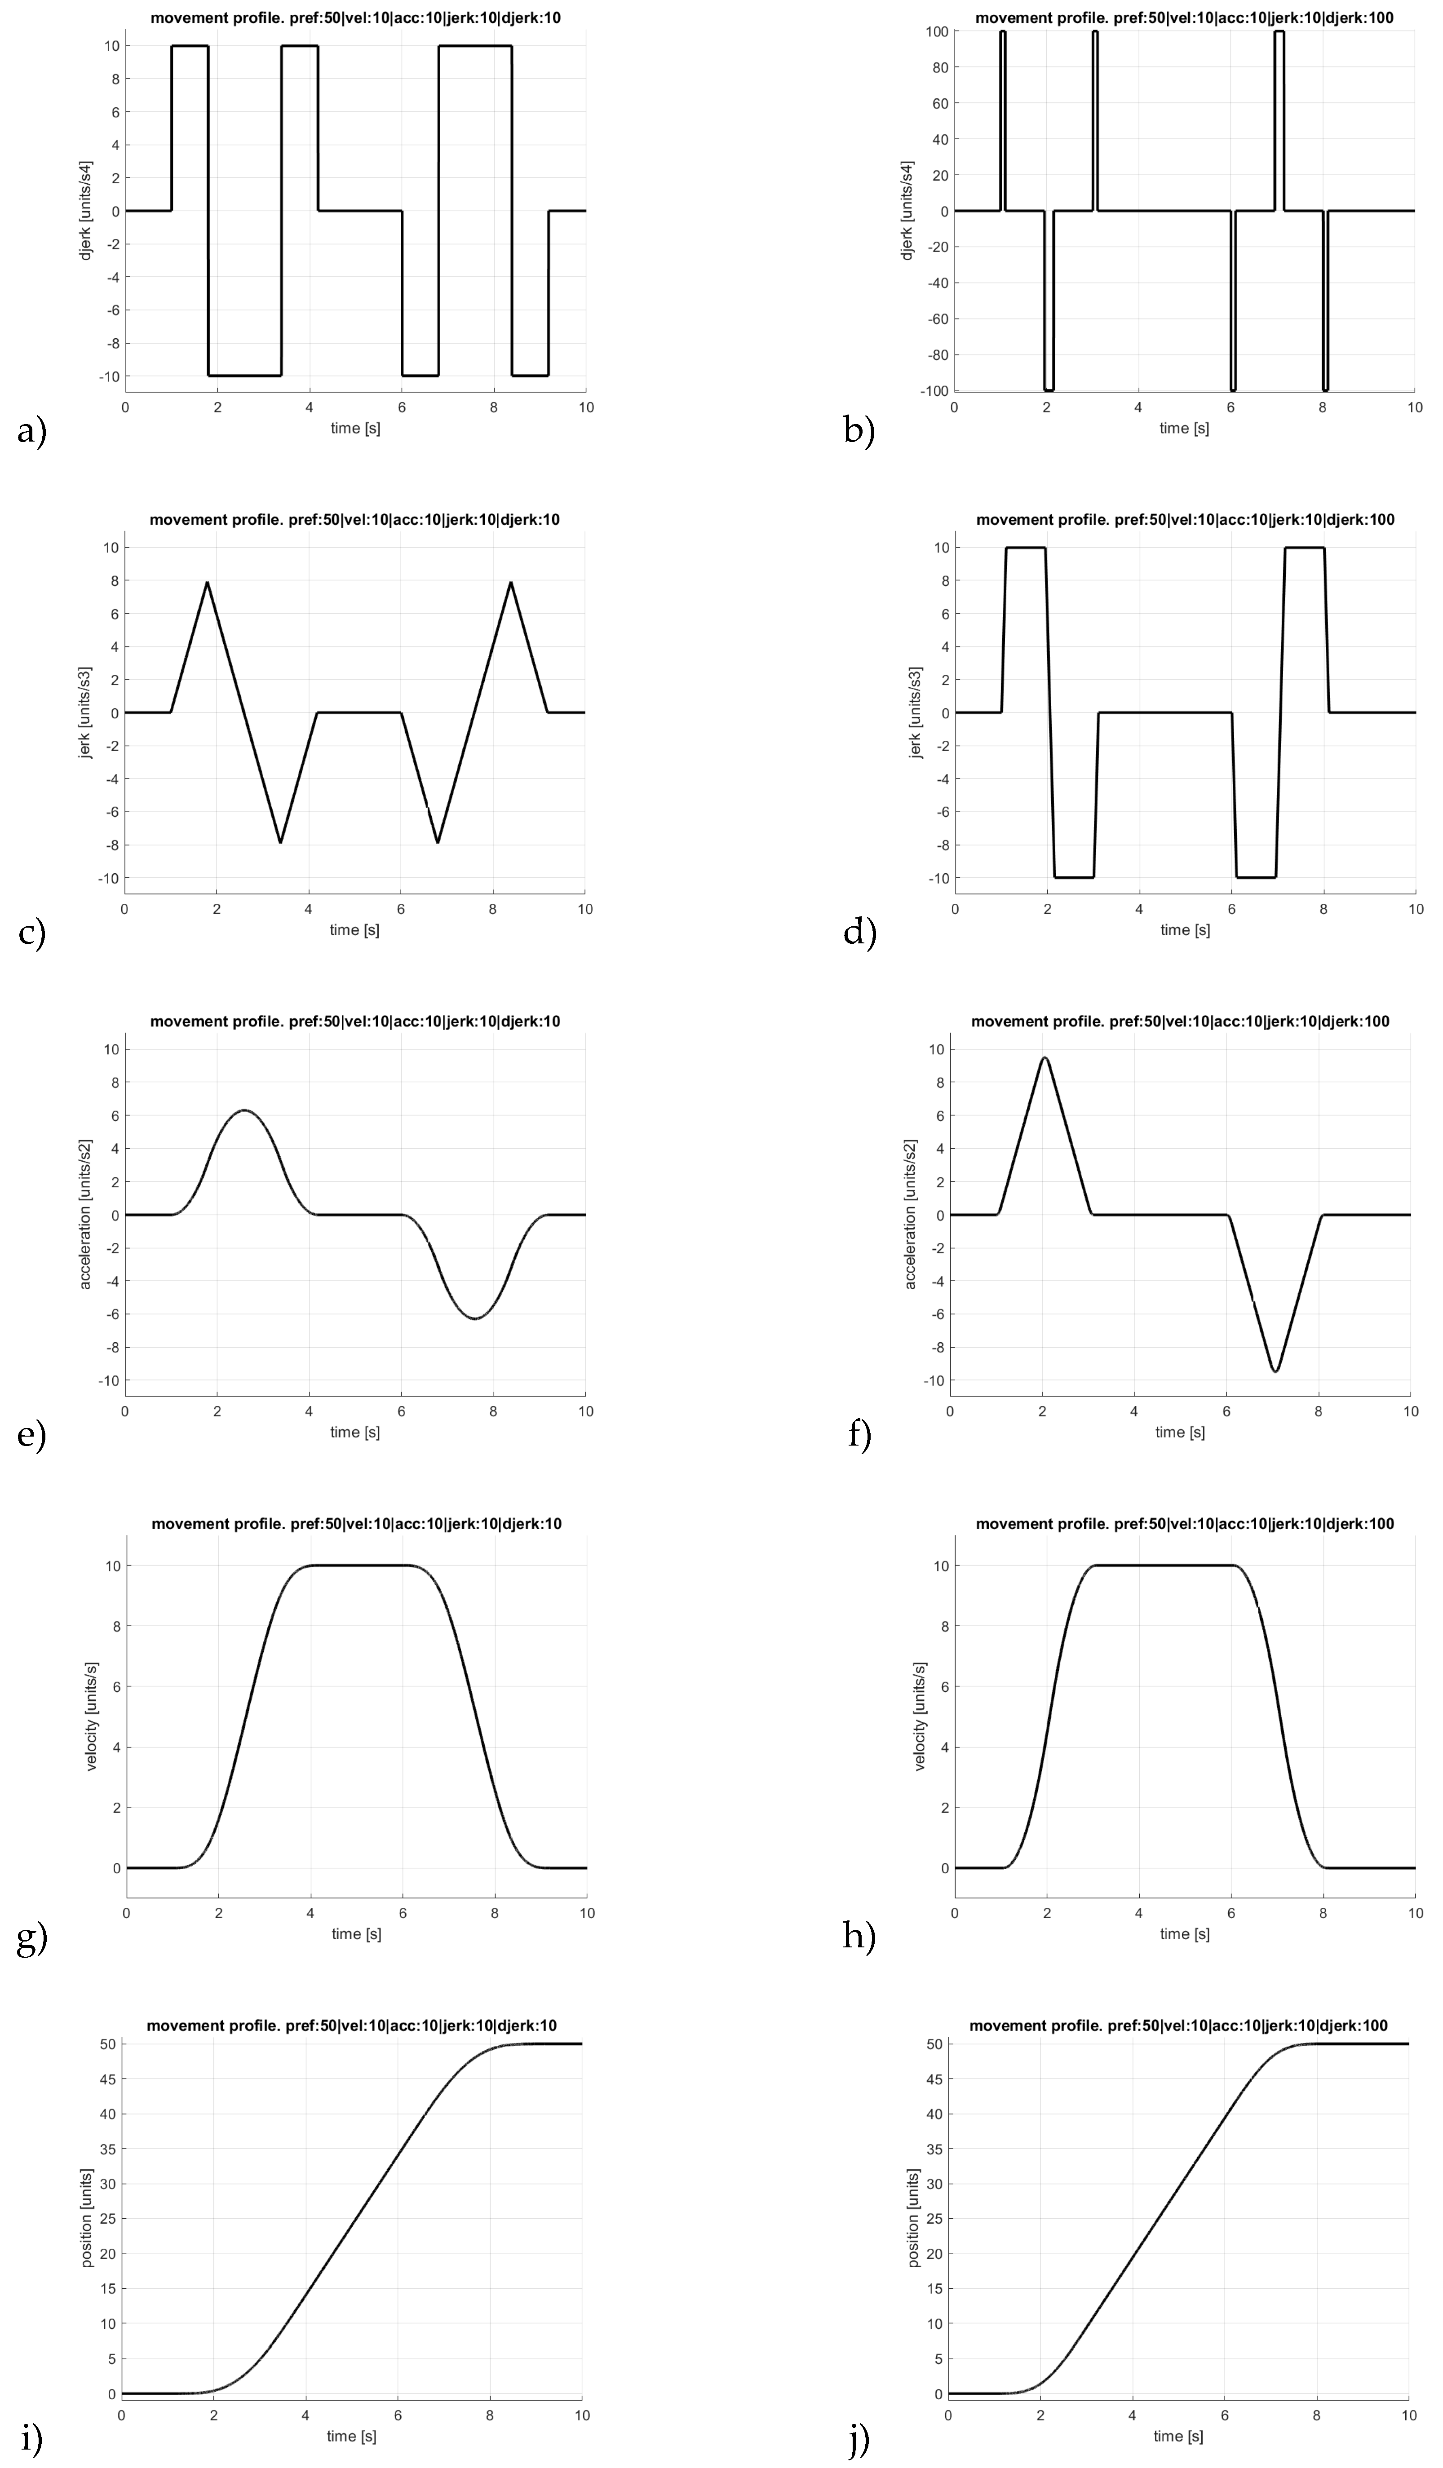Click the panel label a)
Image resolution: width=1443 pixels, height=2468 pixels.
tap(31, 431)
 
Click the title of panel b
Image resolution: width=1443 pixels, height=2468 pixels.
tap(1184, 18)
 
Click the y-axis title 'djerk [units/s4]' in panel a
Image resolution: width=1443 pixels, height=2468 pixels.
tap(86, 211)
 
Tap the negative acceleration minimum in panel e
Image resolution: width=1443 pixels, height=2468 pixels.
tap(475, 1318)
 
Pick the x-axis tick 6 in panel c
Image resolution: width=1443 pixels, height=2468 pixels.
tap(401, 909)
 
